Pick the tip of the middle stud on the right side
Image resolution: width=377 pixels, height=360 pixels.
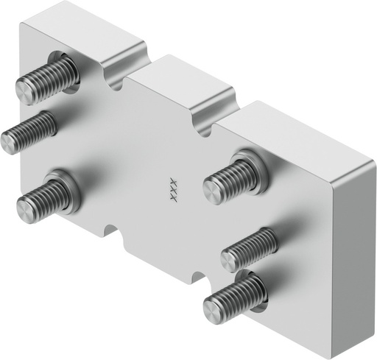coord(230,258)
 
